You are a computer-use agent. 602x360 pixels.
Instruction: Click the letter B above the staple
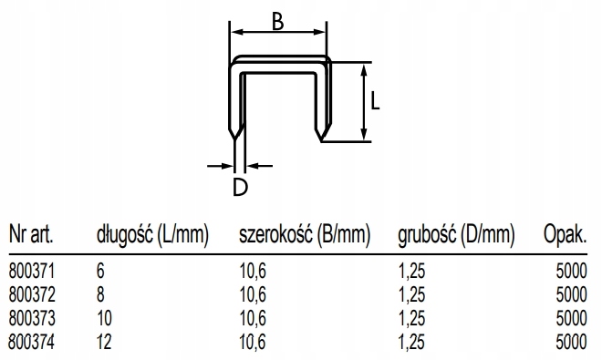(277, 21)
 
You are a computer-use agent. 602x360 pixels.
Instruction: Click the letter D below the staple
(240, 188)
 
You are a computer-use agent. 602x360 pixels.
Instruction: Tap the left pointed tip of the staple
(234, 140)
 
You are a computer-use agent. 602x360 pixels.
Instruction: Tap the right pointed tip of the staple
(322, 141)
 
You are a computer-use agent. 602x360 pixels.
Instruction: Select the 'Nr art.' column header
(31, 234)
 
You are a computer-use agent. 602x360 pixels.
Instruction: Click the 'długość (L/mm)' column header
(153, 235)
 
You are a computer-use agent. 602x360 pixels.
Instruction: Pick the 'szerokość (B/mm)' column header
(305, 235)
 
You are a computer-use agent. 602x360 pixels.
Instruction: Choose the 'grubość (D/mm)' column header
(456, 235)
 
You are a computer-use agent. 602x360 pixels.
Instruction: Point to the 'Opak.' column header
(566, 235)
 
